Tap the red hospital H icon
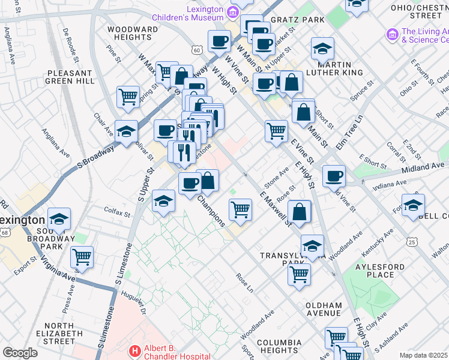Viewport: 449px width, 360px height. pos(134,350)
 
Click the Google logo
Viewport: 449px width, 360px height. pos(20,352)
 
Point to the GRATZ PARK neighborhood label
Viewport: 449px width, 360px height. pos(297,20)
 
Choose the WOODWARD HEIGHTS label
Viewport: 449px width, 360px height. pos(133,33)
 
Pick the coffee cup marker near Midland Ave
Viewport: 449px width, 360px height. pos(334,176)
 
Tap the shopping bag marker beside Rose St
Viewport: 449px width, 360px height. pos(299,211)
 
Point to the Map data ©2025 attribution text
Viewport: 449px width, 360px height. pos(423,355)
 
